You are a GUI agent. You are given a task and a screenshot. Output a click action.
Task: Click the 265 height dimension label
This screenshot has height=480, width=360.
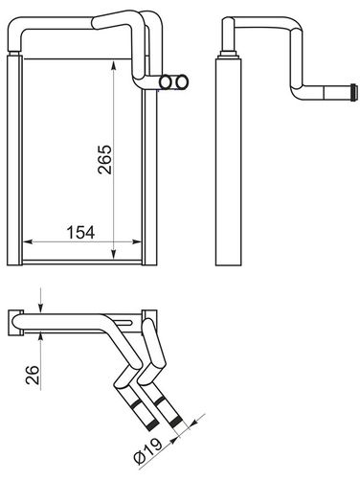pos(105,160)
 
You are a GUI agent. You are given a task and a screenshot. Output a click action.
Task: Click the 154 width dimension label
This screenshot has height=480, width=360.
pos(80,233)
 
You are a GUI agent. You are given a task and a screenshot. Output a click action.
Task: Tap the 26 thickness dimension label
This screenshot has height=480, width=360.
pos(33,375)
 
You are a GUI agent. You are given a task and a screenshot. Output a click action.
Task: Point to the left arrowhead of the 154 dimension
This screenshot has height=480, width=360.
pos(29,241)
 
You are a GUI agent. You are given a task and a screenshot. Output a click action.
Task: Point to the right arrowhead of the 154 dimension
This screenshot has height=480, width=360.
pos(137,241)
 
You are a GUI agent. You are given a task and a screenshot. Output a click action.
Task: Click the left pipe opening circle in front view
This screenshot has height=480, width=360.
pos(166,82)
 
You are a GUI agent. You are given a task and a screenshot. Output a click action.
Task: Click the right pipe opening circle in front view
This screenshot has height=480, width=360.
pos(182,82)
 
